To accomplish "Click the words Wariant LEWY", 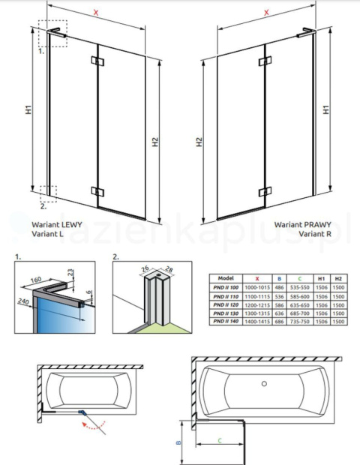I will pyautogui.click(x=57, y=223).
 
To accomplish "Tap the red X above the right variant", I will pyautogui.click(x=267, y=13).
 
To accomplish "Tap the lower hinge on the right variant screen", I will pyautogui.click(x=263, y=190).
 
